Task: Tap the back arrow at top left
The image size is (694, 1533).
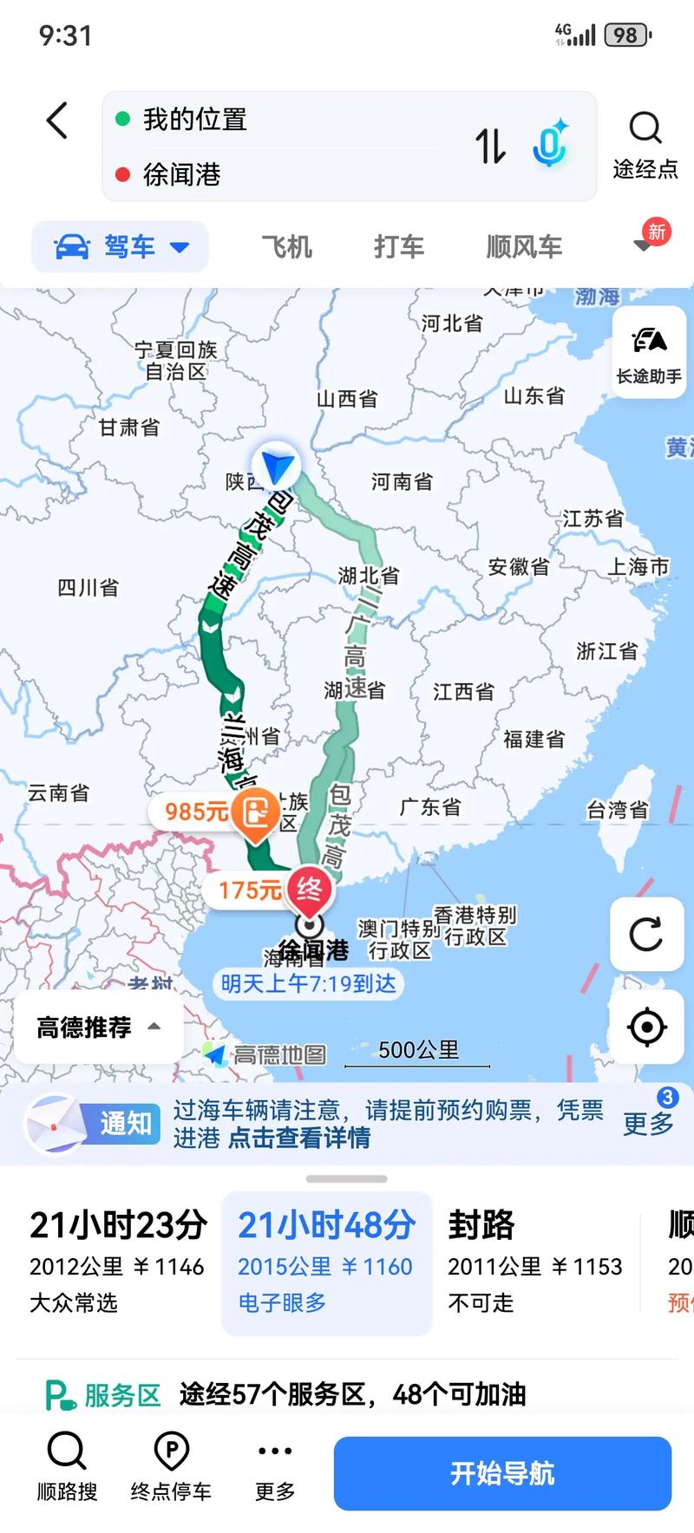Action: click(x=57, y=121)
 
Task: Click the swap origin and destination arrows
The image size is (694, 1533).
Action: click(x=490, y=146)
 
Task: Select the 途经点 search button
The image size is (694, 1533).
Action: click(x=645, y=144)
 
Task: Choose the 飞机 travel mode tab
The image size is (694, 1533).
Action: click(x=287, y=247)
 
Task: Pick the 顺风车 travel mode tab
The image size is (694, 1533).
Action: click(x=524, y=247)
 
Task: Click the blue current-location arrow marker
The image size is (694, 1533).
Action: click(x=277, y=466)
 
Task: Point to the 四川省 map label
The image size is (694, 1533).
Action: click(x=88, y=588)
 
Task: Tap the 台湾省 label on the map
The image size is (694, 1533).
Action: click(x=618, y=810)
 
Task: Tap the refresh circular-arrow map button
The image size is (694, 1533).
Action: click(x=646, y=935)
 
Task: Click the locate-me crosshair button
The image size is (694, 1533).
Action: click(x=646, y=1027)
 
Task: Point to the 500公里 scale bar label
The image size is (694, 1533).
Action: click(x=418, y=1051)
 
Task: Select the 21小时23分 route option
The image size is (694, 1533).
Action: click(x=117, y=1262)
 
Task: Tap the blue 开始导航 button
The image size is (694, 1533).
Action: click(x=502, y=1473)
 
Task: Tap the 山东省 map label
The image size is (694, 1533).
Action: click(x=534, y=396)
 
